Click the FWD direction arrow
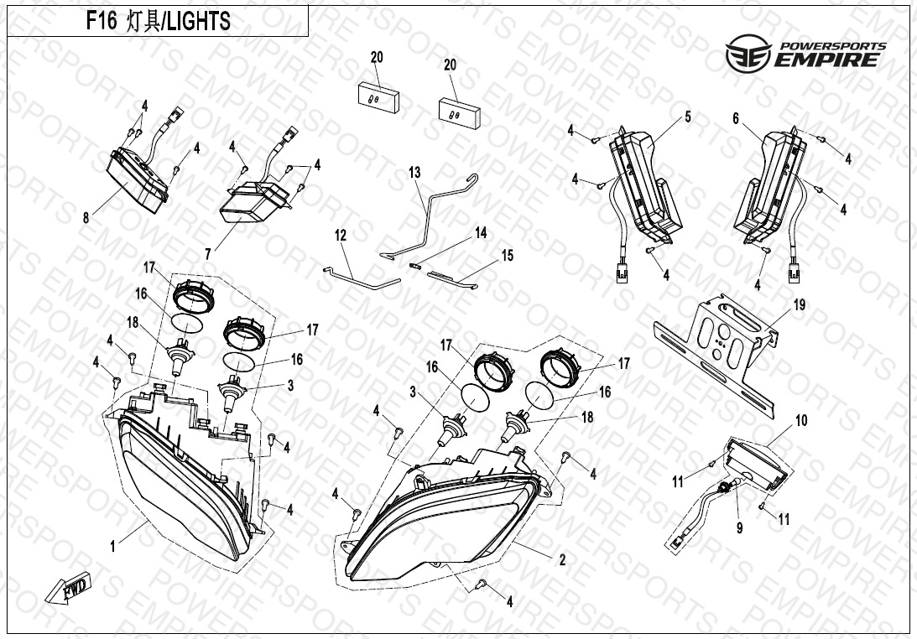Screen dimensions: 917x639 [x=68, y=588]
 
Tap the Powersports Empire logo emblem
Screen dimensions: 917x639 [x=748, y=53]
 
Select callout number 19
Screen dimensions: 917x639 [x=799, y=304]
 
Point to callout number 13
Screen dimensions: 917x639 [x=414, y=173]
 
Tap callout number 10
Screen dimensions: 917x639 [x=801, y=420]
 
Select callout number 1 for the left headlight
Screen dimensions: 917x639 [x=113, y=547]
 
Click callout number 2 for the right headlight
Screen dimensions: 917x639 [x=562, y=560]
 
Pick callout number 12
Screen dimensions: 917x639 [x=341, y=235]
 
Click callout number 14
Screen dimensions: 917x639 [x=481, y=232]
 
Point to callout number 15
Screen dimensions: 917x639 [x=507, y=255]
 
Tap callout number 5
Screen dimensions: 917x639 [x=688, y=117]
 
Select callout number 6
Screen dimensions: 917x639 [x=736, y=119]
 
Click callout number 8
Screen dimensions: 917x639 [x=86, y=218]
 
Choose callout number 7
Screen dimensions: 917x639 [x=207, y=254]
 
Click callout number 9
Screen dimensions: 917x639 [x=739, y=528]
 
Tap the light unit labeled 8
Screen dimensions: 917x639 [x=138, y=179]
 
